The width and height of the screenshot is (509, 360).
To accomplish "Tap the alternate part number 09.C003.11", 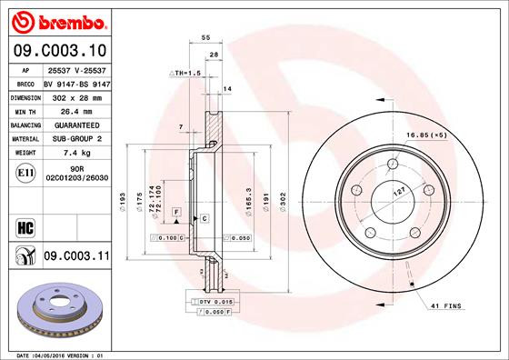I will point(75,258).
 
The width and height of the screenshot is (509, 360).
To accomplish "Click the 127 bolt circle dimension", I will point(398,193).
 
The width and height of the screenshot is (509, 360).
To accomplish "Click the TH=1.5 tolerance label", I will point(185,71).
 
